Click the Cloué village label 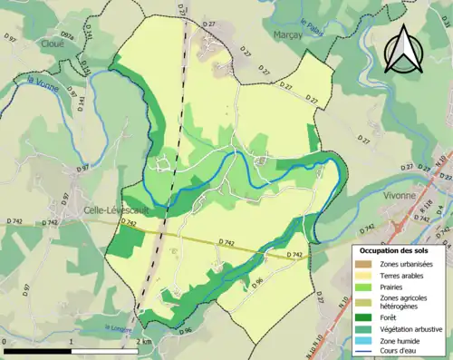[51, 42]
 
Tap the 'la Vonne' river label [42, 82]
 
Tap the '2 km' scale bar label [144, 343]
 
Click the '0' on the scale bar [5, 343]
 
